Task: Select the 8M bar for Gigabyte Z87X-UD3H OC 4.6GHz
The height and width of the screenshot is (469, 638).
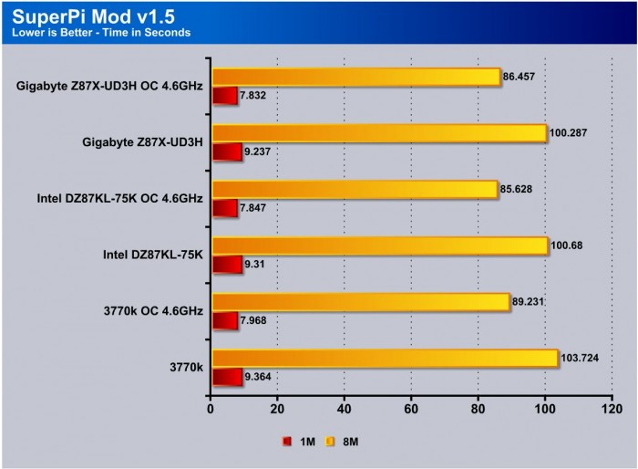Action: pos(355,77)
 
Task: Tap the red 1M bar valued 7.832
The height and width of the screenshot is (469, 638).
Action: pos(224,96)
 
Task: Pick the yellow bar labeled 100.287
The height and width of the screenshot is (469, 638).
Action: pos(378,133)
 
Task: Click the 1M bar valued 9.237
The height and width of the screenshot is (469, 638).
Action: pos(226,152)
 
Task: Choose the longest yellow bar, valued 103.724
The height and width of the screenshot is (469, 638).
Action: pos(384,359)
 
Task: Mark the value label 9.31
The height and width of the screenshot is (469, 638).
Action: pos(256,266)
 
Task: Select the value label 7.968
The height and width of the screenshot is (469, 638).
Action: pos(258,321)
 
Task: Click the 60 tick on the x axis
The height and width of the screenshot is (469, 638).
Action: pos(411,408)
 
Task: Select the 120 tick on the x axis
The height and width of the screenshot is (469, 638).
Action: pos(612,408)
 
